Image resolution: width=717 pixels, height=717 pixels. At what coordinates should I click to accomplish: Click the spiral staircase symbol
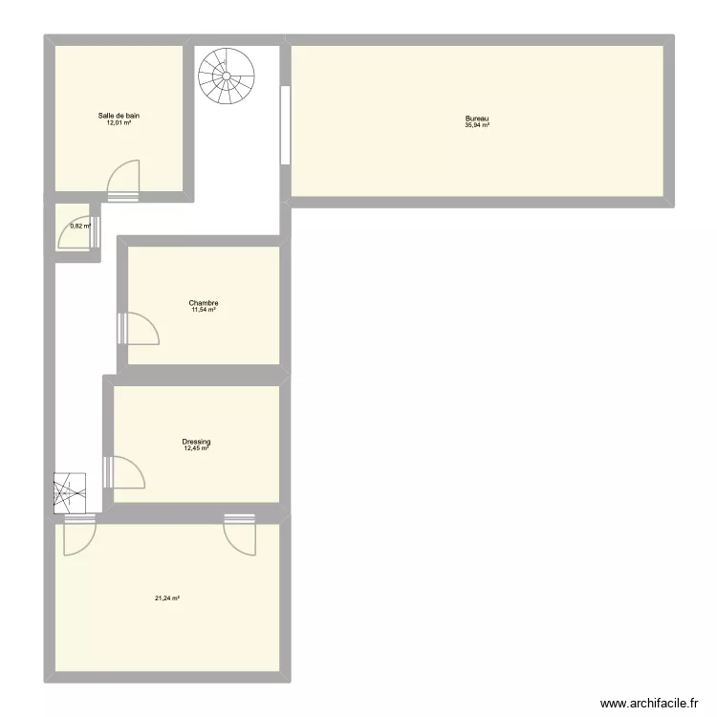click(228, 76)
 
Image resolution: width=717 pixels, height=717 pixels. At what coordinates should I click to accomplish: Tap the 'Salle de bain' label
click(119, 116)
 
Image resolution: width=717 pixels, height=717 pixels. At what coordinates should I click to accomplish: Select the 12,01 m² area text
click(119, 123)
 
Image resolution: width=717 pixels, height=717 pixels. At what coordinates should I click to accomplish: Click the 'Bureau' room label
click(477, 119)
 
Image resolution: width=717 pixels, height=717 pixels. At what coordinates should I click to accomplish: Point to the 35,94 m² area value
click(477, 125)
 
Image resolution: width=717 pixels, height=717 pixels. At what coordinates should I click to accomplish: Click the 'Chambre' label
click(204, 303)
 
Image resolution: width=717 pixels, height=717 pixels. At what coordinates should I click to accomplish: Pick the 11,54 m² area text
click(204, 310)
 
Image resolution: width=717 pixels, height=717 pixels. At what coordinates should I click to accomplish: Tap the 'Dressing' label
click(197, 442)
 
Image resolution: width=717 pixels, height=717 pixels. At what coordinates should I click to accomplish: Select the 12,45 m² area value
click(197, 448)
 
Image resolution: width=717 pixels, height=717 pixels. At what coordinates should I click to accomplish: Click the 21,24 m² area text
click(167, 599)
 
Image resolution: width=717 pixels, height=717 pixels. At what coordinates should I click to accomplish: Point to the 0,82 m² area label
click(80, 227)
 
